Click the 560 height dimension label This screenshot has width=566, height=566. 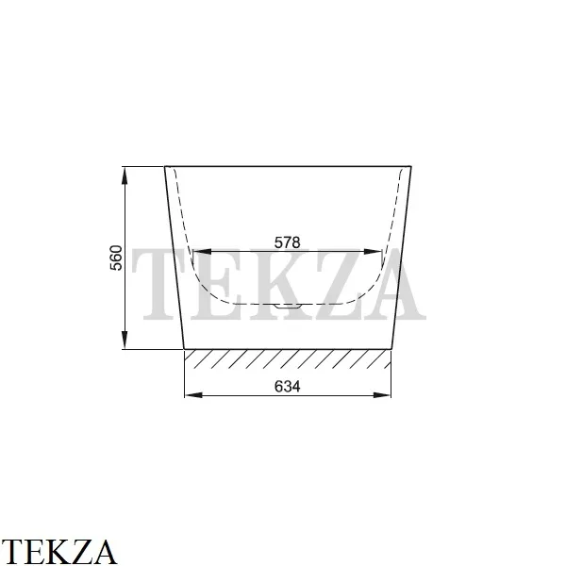(x=116, y=258)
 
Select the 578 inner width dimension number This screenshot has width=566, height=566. (x=287, y=242)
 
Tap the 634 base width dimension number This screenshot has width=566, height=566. (x=287, y=387)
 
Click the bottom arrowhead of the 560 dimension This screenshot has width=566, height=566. (x=125, y=340)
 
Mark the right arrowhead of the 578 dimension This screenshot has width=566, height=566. (x=373, y=252)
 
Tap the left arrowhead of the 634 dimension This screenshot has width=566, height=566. (x=193, y=395)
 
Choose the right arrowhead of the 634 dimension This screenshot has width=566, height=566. (x=382, y=395)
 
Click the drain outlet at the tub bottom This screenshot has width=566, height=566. (x=288, y=306)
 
